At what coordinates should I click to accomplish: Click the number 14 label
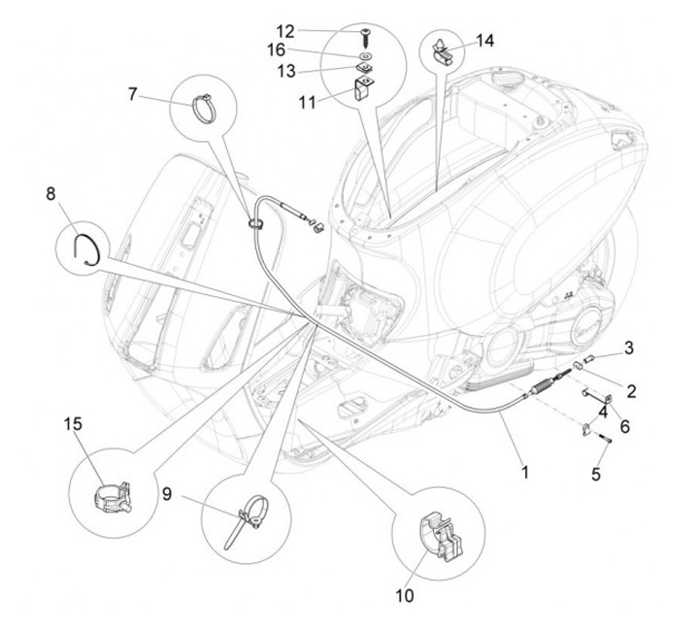tap(484, 41)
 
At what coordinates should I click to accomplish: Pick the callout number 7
tap(133, 93)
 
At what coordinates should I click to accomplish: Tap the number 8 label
tap(50, 193)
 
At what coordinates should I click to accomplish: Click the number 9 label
tap(167, 494)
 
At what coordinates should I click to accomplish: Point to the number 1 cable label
tap(525, 473)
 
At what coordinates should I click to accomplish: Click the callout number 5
tap(596, 475)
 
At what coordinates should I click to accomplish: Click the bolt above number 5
tap(606, 439)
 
